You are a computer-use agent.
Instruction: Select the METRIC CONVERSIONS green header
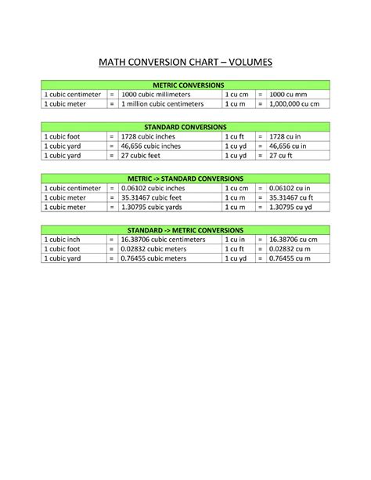pos(185,84)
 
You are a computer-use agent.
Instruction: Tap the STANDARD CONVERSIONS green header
pos(185,126)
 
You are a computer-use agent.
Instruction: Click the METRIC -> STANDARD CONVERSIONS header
pos(185,179)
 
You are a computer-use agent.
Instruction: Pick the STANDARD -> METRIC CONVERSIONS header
pos(185,230)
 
